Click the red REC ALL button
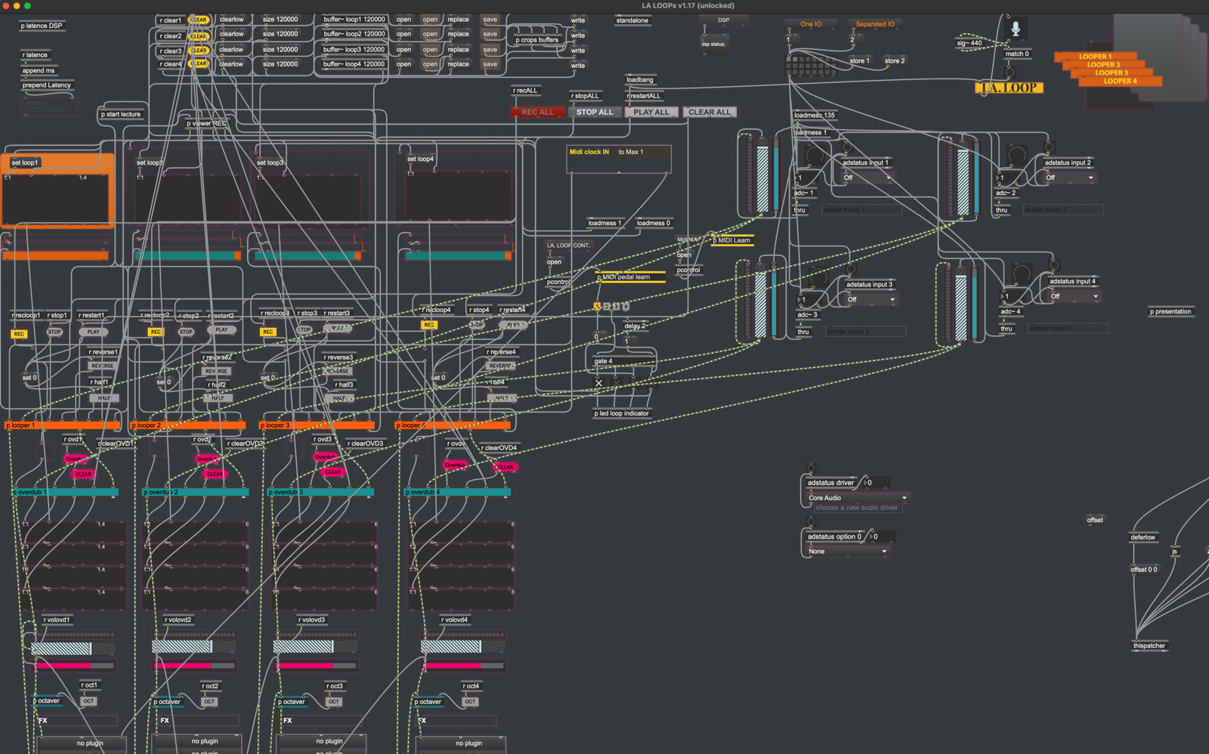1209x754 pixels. point(537,112)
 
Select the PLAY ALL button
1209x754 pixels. point(651,112)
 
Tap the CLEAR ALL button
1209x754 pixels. point(709,112)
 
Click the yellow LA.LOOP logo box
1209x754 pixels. point(1009,88)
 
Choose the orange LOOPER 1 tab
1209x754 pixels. point(1095,57)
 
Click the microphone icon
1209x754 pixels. point(1016,29)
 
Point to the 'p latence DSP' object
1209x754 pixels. point(42,26)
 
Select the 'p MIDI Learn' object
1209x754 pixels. point(732,240)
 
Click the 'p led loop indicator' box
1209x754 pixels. point(621,413)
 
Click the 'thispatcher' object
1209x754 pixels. point(1149,645)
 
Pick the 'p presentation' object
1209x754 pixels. point(1170,311)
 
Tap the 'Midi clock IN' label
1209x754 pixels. point(589,152)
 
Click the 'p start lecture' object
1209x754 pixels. point(121,114)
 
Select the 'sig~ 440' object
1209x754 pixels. point(969,43)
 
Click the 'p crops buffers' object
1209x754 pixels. point(537,40)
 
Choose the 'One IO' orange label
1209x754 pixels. point(811,24)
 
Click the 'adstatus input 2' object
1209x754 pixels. point(1068,162)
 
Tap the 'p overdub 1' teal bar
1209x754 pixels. point(64,492)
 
